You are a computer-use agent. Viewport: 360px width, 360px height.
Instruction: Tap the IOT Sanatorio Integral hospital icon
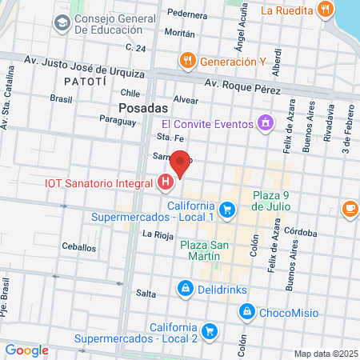(x=166, y=184)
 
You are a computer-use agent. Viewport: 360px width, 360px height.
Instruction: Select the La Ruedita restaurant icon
(x=324, y=10)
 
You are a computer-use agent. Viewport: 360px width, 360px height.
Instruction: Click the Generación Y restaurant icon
(x=187, y=60)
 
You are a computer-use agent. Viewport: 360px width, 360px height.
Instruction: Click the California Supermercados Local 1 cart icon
(x=227, y=210)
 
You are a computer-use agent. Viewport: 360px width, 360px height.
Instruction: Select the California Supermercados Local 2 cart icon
(x=210, y=330)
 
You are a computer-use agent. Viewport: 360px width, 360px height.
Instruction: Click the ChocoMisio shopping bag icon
(x=247, y=310)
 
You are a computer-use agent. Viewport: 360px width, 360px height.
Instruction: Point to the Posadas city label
(x=142, y=107)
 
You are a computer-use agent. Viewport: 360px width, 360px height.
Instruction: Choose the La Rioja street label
(x=158, y=234)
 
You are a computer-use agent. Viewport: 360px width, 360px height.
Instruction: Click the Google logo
(x=26, y=350)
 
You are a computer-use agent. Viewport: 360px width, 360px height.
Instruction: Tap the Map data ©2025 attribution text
(x=325, y=354)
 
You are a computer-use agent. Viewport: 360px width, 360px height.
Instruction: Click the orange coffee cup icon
(x=350, y=209)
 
